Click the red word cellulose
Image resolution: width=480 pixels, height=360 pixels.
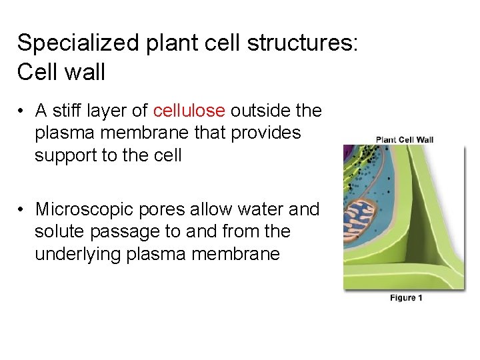coord(189,111)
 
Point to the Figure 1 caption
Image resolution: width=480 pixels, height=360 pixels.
coord(406,298)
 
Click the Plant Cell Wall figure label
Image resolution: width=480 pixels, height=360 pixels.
coord(405,139)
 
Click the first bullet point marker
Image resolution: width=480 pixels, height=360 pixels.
coord(22,111)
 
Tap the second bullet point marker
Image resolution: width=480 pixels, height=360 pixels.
coord(22,210)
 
